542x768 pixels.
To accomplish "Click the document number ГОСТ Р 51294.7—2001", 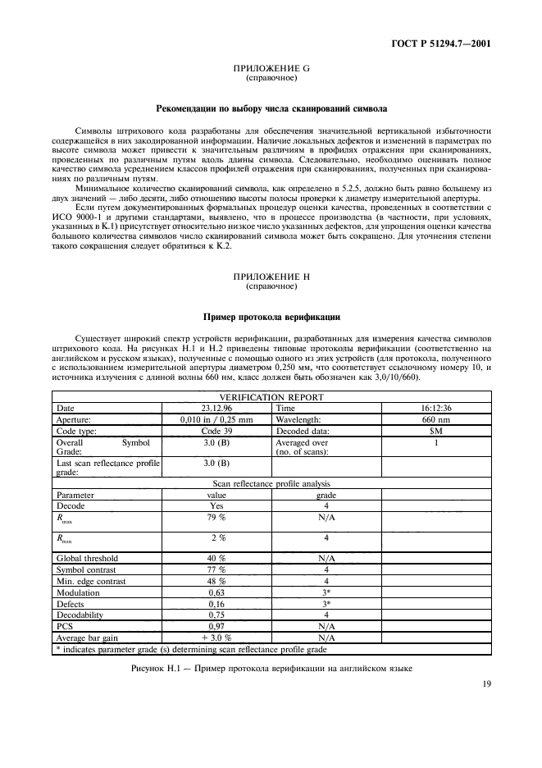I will tap(444, 44).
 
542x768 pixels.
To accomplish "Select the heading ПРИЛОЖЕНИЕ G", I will tap(271, 69).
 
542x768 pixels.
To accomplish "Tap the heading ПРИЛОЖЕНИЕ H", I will tap(271, 279).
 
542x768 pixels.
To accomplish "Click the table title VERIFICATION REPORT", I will tap(271, 396).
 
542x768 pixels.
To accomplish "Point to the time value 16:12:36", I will tap(435, 407).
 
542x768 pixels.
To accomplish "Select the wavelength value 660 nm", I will tap(435, 418).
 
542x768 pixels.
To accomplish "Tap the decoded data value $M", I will tap(435, 430).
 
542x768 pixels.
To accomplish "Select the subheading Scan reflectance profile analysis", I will tap(271, 483).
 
